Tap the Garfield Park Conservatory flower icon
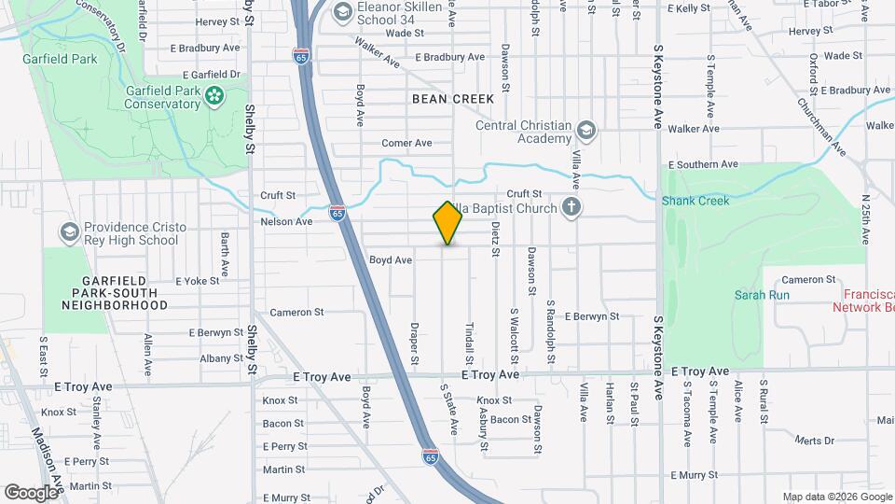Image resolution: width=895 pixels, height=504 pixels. tap(214, 94)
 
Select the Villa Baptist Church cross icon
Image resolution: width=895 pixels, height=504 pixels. tap(571, 208)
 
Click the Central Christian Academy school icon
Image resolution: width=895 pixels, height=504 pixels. tap(585, 130)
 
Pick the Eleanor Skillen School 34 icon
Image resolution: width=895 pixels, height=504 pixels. tap(342, 11)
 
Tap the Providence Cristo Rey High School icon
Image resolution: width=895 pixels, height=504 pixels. tap(69, 231)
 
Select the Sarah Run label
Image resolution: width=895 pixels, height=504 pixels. tap(762, 295)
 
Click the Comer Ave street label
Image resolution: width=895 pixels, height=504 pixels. tap(407, 143)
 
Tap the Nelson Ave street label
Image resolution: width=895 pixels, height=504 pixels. tap(286, 221)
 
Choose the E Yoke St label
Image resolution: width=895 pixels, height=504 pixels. tap(197, 280)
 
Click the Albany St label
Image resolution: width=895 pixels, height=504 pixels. tap(209, 357)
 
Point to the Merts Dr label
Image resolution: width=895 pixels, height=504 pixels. tap(815, 440)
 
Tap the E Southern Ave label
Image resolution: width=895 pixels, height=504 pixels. tap(701, 164)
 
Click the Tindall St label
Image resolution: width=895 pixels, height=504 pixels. tap(469, 343)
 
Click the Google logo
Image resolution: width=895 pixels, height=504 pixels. tap(31, 492)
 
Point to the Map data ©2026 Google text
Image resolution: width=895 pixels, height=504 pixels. tap(836, 497)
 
